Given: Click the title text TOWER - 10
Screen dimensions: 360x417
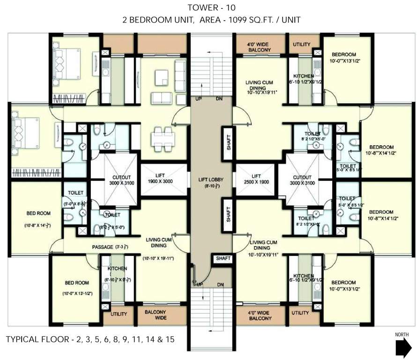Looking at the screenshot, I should tap(208, 8).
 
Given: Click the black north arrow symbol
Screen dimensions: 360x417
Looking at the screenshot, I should tap(402, 349).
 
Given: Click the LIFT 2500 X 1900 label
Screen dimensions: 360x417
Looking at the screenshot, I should tap(256, 179).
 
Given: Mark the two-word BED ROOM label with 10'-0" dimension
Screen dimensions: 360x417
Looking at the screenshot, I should tap(77, 286).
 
